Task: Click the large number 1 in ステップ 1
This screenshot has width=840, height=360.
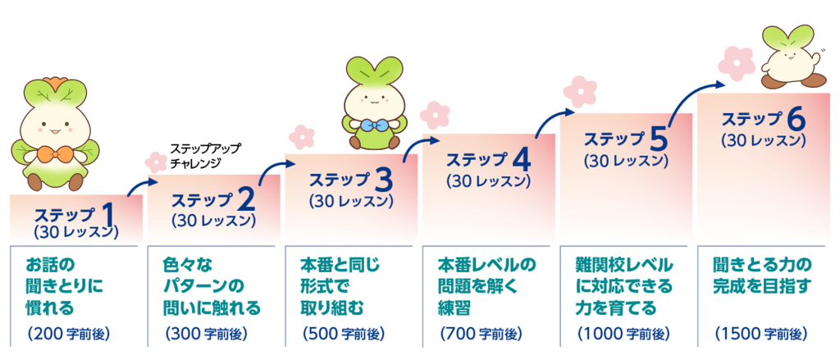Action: tap(107, 216)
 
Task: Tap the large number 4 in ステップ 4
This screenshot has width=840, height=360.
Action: tap(519, 160)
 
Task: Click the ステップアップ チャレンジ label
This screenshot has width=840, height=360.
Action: tap(205, 156)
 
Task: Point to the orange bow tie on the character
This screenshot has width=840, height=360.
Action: tap(54, 156)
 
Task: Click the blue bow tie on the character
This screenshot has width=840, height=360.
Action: tap(374, 126)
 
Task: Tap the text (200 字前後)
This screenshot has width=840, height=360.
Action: tap(68, 335)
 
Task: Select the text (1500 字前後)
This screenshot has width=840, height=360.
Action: tap(760, 335)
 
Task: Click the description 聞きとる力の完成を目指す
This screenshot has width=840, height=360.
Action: tap(763, 276)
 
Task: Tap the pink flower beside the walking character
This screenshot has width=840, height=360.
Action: tap(736, 63)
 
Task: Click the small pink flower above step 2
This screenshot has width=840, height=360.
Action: tap(156, 162)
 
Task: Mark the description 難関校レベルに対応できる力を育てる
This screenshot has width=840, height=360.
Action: tap(623, 287)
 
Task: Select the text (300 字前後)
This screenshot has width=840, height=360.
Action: tap(206, 335)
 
